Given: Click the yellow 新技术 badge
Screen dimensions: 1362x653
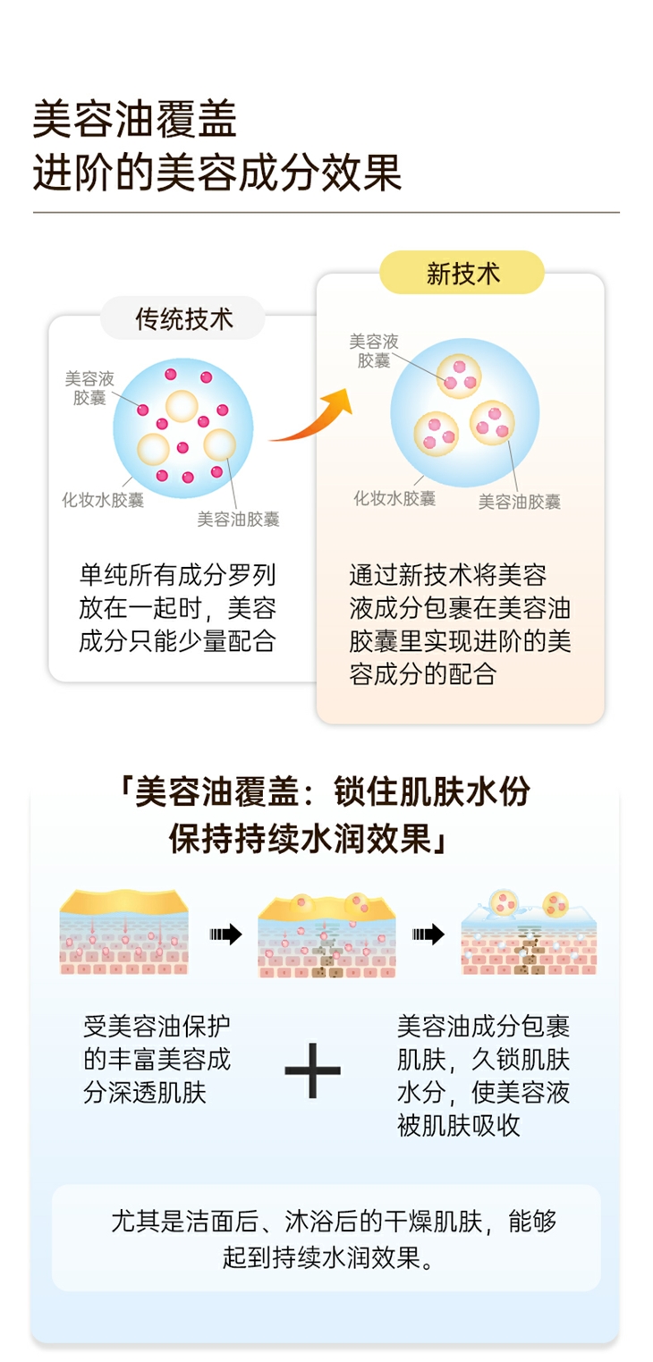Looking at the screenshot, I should pyautogui.click(x=462, y=273).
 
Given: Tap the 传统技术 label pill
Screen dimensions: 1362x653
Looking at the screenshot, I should pyautogui.click(x=183, y=318).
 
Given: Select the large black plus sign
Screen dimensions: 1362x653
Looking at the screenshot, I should pyautogui.click(x=312, y=1070).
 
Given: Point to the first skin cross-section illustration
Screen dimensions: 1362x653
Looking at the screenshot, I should pyautogui.click(x=124, y=932).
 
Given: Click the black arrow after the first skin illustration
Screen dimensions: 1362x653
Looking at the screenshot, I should pyautogui.click(x=225, y=935).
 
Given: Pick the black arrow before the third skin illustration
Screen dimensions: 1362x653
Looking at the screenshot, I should pyautogui.click(x=428, y=935).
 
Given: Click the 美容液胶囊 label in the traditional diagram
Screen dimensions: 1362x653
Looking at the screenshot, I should pyautogui.click(x=89, y=388).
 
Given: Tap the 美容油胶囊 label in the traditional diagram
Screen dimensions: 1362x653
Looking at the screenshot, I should pyautogui.click(x=238, y=519).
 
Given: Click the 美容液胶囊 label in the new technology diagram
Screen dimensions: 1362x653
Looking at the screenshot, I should pyautogui.click(x=373, y=351).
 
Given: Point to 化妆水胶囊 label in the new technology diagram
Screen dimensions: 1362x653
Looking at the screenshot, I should pyautogui.click(x=394, y=498).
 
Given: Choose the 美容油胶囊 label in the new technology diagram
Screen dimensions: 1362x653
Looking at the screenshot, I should pyautogui.click(x=519, y=502).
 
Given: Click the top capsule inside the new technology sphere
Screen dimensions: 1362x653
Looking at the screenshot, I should pyautogui.click(x=460, y=374).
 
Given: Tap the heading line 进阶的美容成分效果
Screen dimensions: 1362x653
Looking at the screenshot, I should pyautogui.click(x=217, y=173).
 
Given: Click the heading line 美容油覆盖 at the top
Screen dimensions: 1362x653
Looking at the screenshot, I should pyautogui.click(x=135, y=120).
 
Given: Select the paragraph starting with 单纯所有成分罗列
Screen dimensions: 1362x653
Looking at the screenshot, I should pyautogui.click(x=177, y=607).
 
